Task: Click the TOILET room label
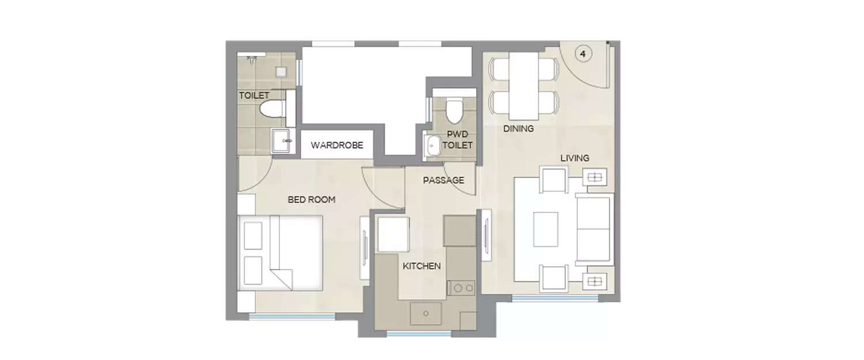click(254, 96)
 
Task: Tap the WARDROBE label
click(337, 145)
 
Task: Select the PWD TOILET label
click(460, 140)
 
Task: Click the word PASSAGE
click(444, 180)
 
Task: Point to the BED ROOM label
click(311, 200)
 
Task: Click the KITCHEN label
click(422, 266)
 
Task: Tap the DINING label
click(518, 129)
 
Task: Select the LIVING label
click(575, 158)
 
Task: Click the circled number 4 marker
click(583, 54)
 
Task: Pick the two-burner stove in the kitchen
click(463, 287)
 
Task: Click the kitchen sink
click(426, 314)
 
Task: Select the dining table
click(523, 85)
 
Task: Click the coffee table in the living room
click(545, 229)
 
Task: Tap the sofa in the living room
click(594, 229)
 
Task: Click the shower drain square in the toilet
click(281, 72)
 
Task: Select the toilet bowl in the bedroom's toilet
click(270, 109)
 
